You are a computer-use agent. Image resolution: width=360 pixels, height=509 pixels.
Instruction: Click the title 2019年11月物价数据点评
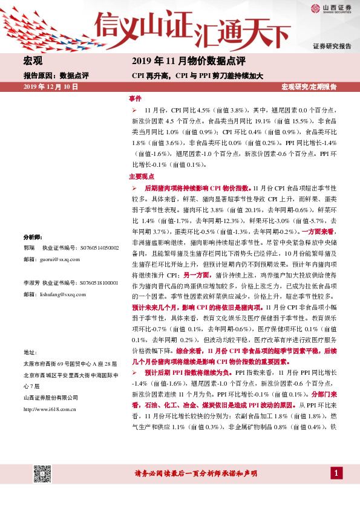pyautogui.click(x=188, y=61)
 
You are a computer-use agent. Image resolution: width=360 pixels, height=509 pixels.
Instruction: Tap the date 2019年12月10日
pyautogui.click(x=51, y=87)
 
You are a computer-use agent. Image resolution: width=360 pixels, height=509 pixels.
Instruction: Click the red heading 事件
pyautogui.click(x=135, y=98)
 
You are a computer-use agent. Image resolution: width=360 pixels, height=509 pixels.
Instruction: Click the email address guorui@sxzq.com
pyautogui.click(x=58, y=259)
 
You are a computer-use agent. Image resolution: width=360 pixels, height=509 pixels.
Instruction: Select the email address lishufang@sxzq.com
pyautogui.click(x=61, y=294)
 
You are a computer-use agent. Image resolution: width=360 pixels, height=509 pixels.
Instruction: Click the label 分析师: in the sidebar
pyautogui.click(x=33, y=237)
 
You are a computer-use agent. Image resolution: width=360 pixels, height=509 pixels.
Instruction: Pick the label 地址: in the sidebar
pyautogui.click(x=30, y=352)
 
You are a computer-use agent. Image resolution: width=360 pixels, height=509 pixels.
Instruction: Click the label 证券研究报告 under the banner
pyautogui.click(x=332, y=47)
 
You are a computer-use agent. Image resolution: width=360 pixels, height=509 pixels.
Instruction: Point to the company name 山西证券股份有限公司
pyautogui.click(x=50, y=398)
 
